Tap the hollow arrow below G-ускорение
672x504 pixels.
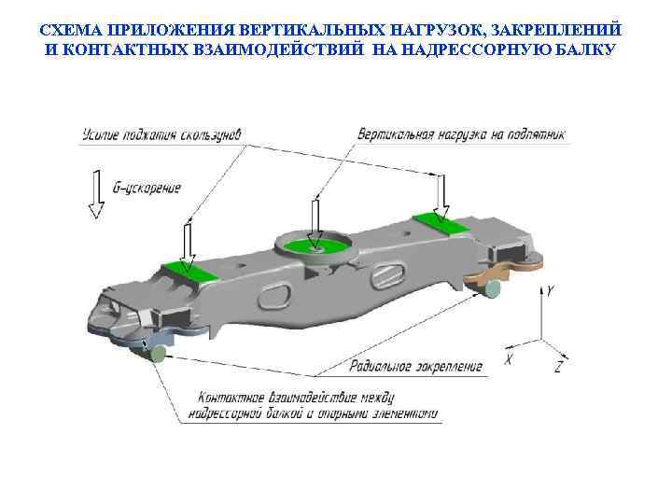[x=94, y=194]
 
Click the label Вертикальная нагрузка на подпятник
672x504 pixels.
[x=461, y=134]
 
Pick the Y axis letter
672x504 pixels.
[x=551, y=291]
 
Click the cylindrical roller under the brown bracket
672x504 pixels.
[x=491, y=289]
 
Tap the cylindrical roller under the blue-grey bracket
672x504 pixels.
[x=156, y=352]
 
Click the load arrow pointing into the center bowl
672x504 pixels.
[x=316, y=223]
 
